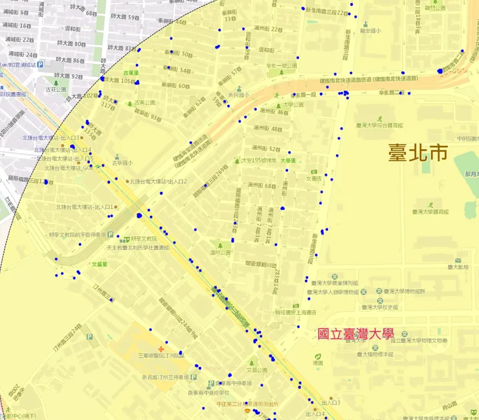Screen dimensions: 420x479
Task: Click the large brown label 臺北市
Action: pos(418,153)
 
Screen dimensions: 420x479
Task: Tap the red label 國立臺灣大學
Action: pos(355,334)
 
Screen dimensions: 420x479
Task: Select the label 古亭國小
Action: pos(121,163)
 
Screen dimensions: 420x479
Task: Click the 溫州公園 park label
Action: pos(221,253)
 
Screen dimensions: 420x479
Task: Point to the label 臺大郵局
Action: pos(458,266)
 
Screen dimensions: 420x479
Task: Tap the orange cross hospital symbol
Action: pos(161,349)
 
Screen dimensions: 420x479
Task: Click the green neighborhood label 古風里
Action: pos(131,73)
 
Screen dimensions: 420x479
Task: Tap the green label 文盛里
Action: pos(99,264)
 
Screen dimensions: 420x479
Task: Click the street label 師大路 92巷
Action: pos(70,76)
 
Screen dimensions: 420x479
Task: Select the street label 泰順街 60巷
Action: pos(175,86)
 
